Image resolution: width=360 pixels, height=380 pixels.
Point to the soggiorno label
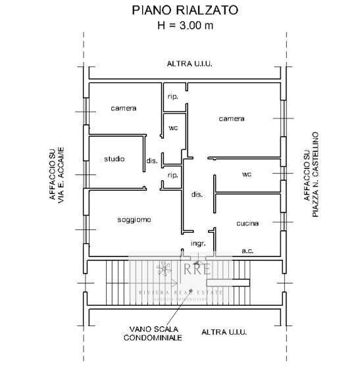click(134, 220)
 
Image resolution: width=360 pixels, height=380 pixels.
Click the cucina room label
click(247, 224)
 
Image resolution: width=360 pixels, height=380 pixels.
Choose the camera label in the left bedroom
click(123, 108)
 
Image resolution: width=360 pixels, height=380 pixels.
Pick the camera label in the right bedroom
click(232, 119)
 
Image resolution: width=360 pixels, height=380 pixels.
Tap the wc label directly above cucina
click(247, 174)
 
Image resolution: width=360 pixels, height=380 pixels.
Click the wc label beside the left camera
click(174, 128)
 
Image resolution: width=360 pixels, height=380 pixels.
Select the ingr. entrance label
click(199, 243)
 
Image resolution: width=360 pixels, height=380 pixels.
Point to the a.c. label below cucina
click(248, 250)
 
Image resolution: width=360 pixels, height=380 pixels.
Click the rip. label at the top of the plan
click(174, 97)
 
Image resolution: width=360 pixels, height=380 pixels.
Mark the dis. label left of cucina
click(196, 195)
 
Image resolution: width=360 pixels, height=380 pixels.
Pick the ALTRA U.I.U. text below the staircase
click(224, 333)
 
